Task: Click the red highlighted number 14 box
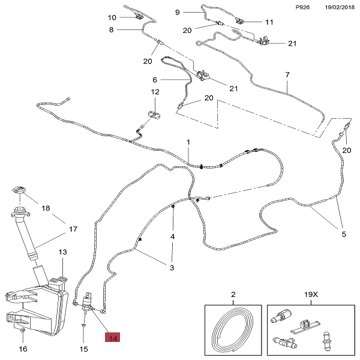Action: tap(112, 338)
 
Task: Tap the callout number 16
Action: tap(23, 349)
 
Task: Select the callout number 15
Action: tap(83, 349)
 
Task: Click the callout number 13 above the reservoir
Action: tap(62, 253)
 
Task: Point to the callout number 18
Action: tap(46, 209)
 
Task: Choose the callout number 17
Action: tap(73, 229)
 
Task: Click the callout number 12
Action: tap(155, 92)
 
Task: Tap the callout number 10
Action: tap(112, 17)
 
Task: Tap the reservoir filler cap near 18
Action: tap(20, 193)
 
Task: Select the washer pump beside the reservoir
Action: tap(89, 301)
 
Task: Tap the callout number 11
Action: tap(269, 22)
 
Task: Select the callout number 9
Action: tap(178, 12)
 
